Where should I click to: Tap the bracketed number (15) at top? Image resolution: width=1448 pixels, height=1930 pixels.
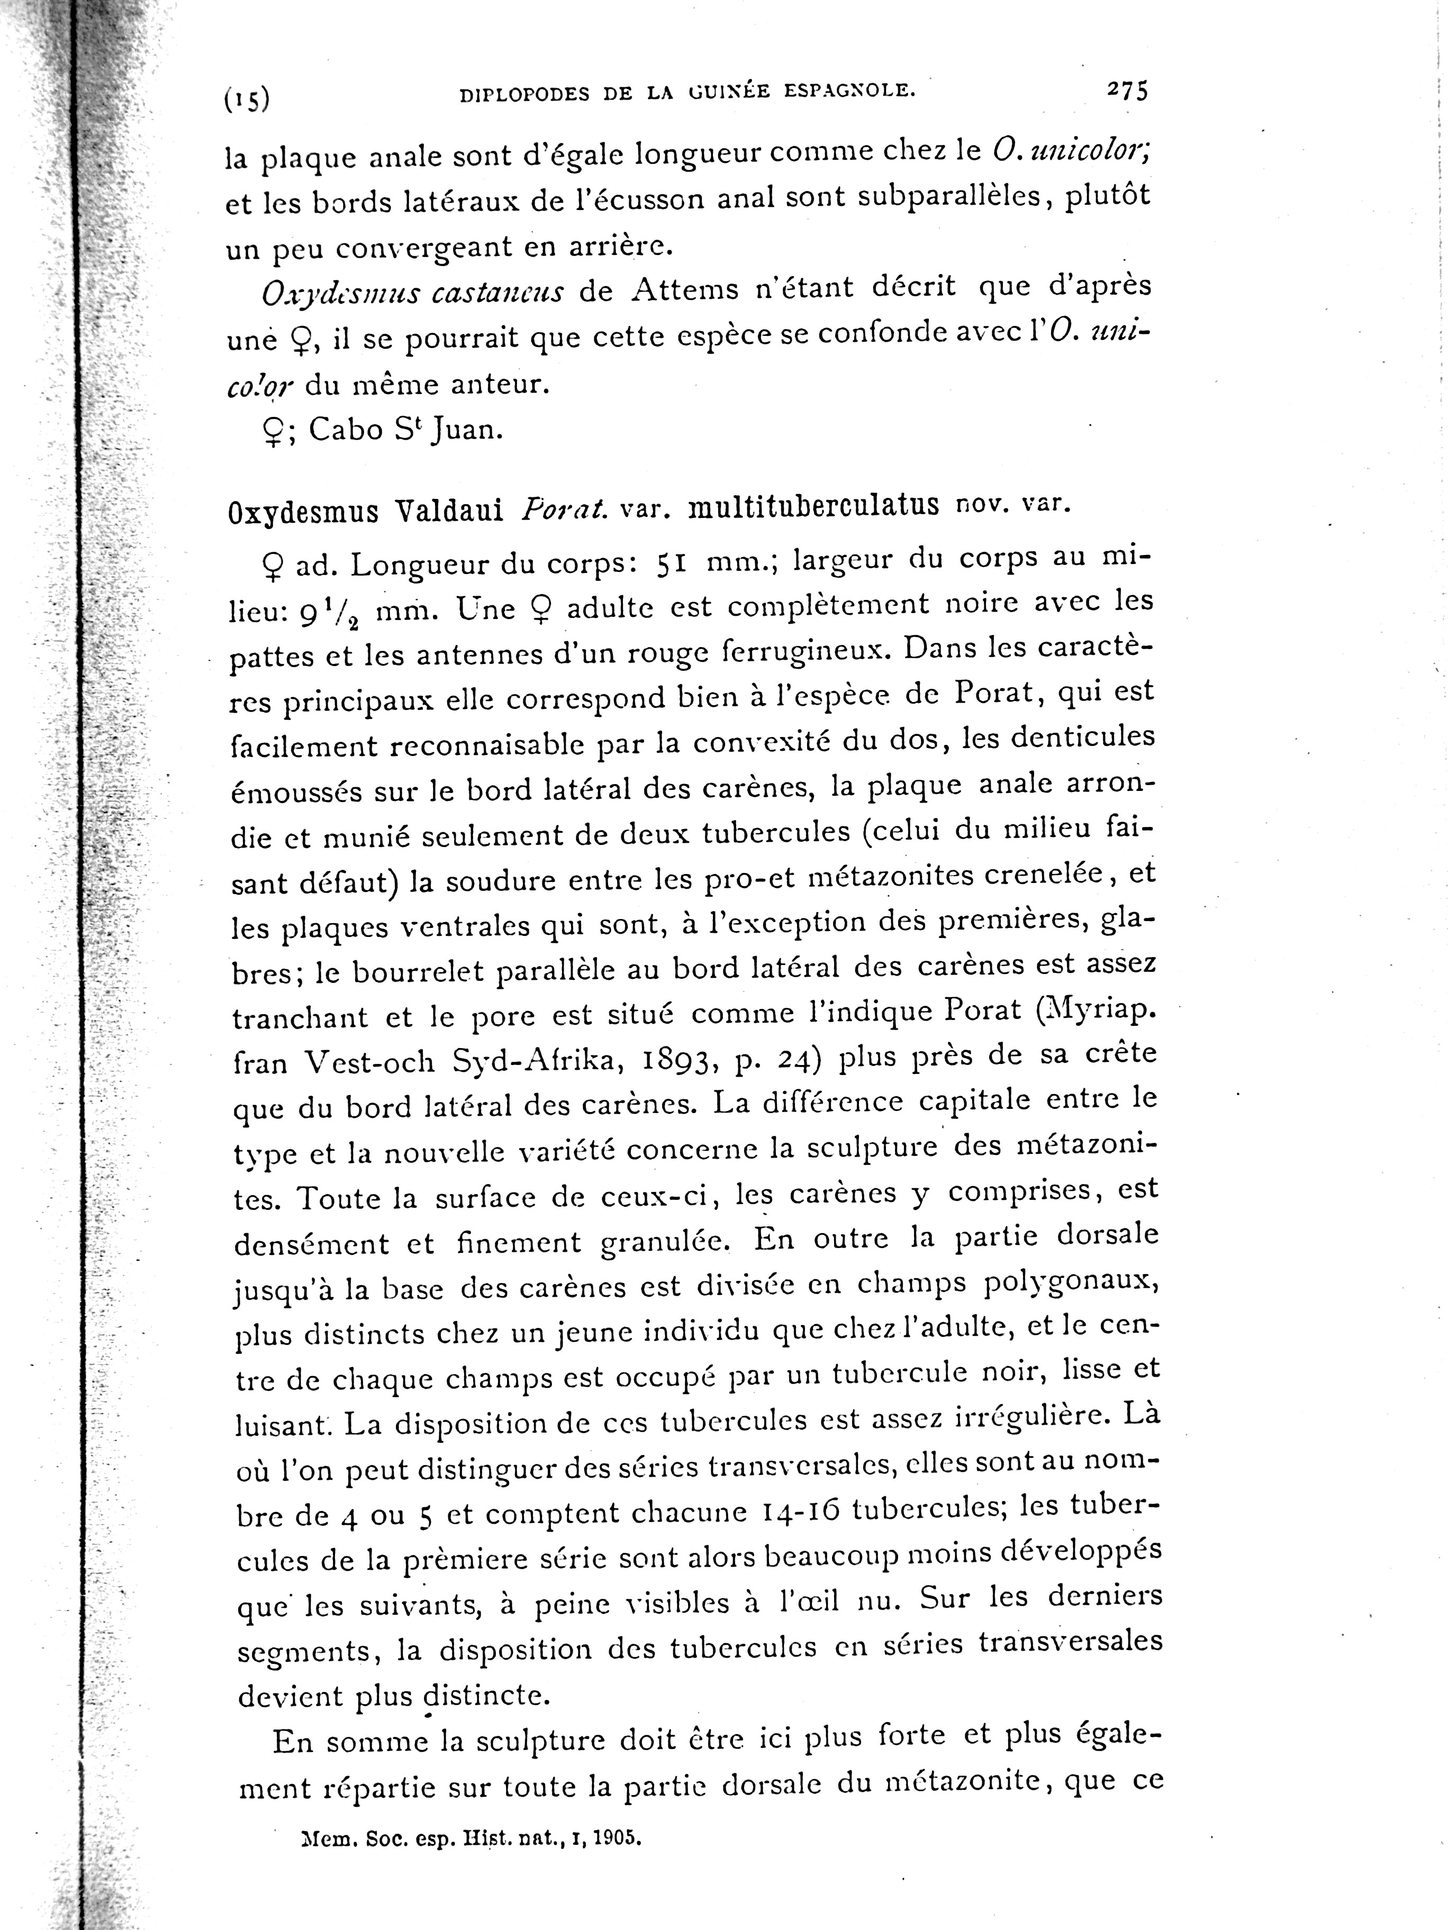tap(247, 101)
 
